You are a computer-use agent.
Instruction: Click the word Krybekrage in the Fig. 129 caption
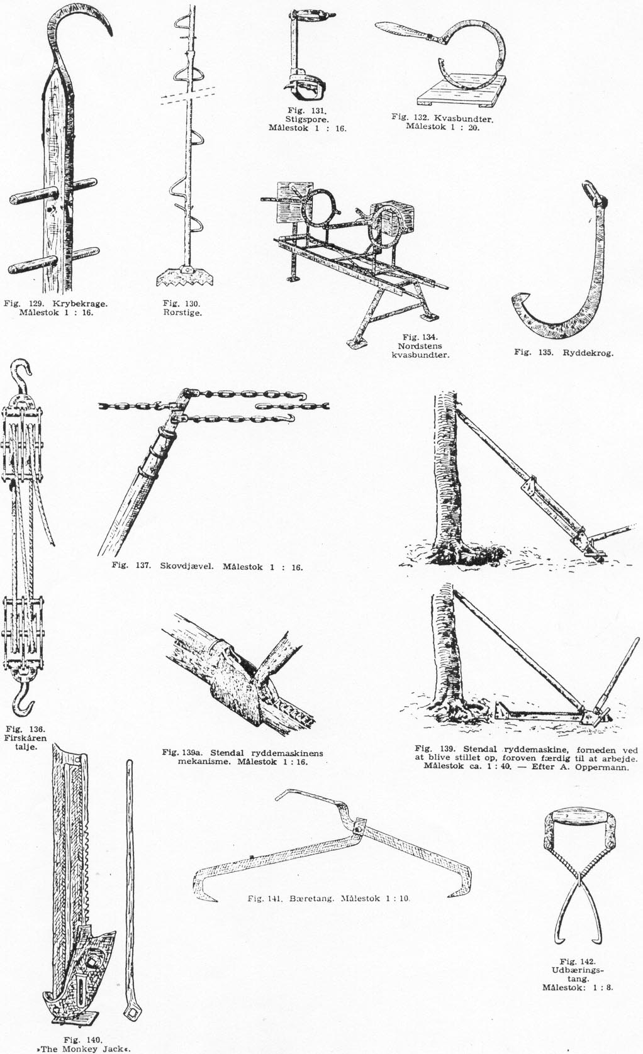click(81, 304)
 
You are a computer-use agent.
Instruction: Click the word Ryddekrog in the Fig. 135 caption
click(588, 352)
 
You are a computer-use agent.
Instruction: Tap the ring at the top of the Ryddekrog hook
click(591, 193)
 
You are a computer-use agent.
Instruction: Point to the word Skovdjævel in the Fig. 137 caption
click(187, 567)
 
